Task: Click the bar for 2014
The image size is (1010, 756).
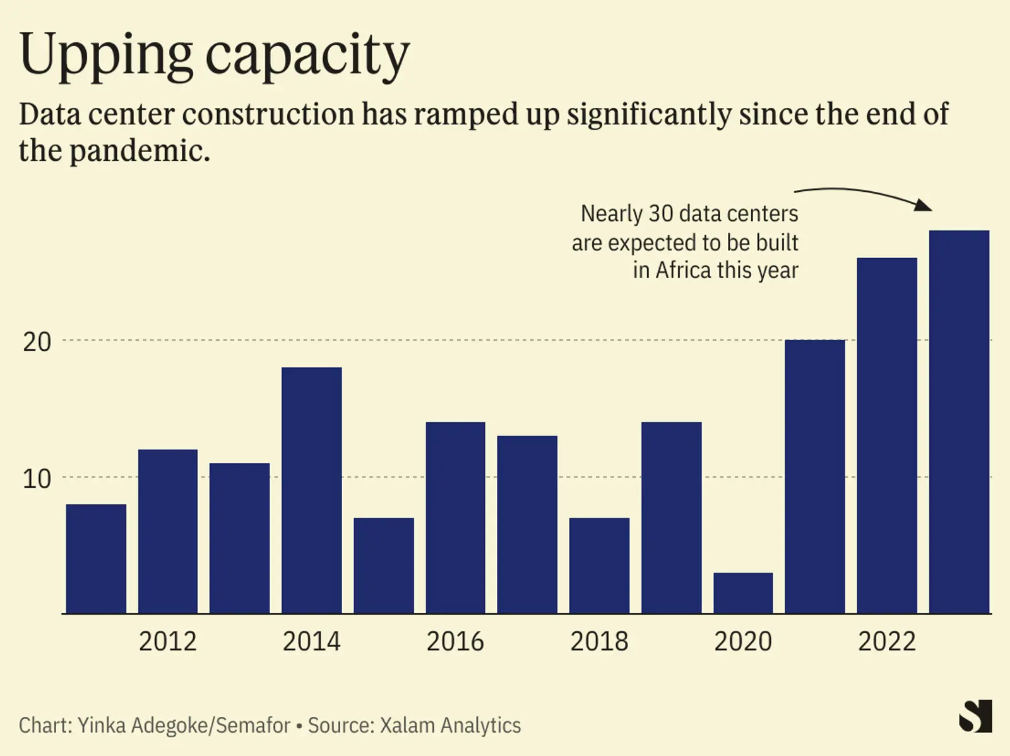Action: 311,490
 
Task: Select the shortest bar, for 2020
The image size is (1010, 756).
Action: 743,593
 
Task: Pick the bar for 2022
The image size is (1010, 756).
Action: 886,435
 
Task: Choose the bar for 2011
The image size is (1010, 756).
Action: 96,558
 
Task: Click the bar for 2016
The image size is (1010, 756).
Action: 455,517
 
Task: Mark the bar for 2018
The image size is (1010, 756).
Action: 599,565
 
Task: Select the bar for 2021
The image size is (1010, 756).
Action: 815,476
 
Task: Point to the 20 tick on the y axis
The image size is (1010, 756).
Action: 37,341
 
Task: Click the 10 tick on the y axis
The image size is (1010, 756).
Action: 37,478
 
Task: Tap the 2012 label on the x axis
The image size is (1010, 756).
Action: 167,641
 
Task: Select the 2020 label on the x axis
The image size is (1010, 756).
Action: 743,641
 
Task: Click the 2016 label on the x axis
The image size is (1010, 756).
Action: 455,641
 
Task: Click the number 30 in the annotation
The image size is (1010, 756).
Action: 661,213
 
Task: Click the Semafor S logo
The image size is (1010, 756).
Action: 975,716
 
